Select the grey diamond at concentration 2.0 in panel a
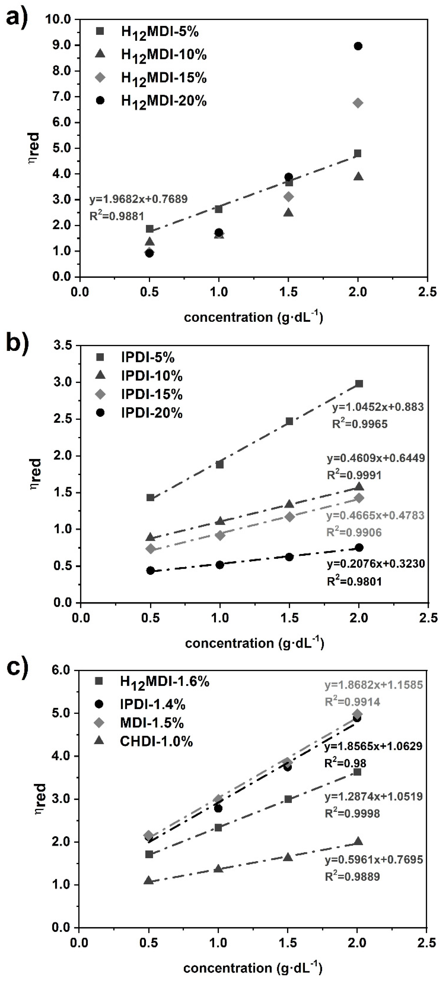pos(358,103)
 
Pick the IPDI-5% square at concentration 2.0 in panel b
pos(359,384)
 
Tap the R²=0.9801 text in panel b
pos(354,581)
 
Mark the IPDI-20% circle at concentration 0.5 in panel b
pos(150,570)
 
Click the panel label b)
pos(17,344)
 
